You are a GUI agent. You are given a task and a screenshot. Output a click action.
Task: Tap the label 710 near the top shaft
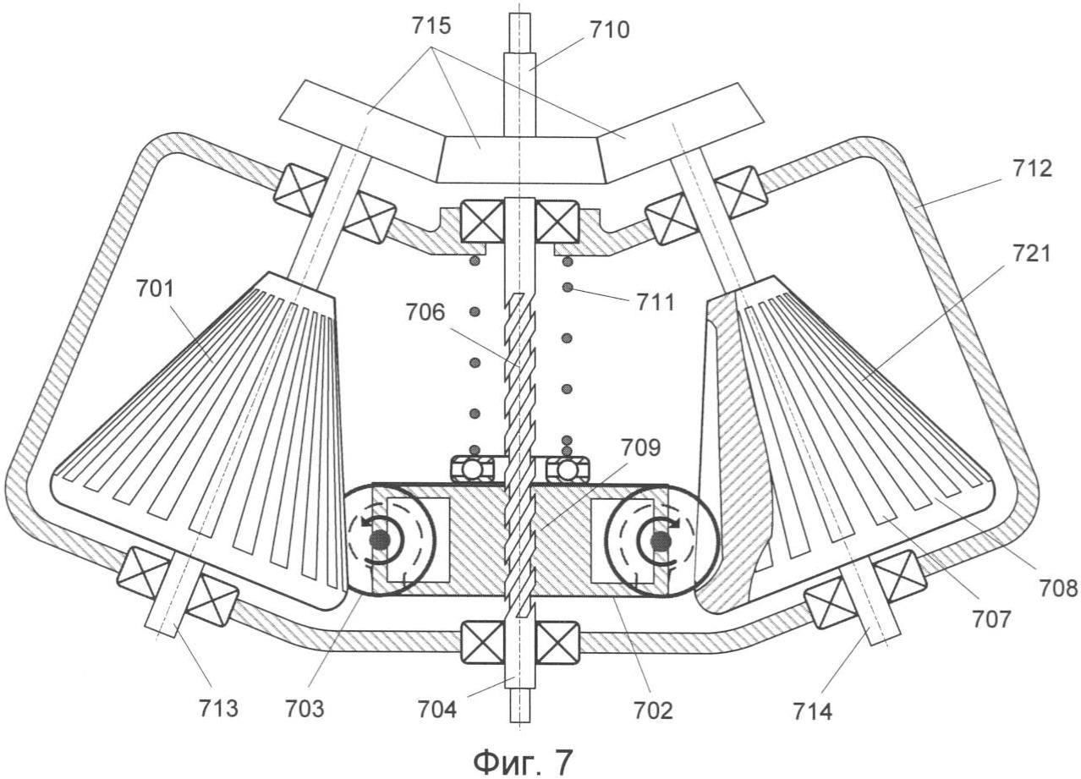point(610,30)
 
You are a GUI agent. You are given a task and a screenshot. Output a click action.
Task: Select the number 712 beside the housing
point(1031,169)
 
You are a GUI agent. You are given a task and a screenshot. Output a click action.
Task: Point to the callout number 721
point(1030,255)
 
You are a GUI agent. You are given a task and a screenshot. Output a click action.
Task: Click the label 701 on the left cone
point(155,289)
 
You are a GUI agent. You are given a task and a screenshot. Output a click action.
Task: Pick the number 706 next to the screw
point(425,313)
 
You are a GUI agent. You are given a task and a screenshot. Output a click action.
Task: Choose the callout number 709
point(640,448)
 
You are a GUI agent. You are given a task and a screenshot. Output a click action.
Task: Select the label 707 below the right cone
point(991,620)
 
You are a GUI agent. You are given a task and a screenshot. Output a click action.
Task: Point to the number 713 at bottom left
point(218,709)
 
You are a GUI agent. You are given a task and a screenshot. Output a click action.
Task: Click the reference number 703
point(305,710)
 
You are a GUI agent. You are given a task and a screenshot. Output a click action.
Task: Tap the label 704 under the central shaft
point(437,710)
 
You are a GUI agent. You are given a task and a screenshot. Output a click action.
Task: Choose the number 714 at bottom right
point(813,712)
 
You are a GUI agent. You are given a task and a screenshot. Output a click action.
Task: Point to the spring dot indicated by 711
point(568,288)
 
